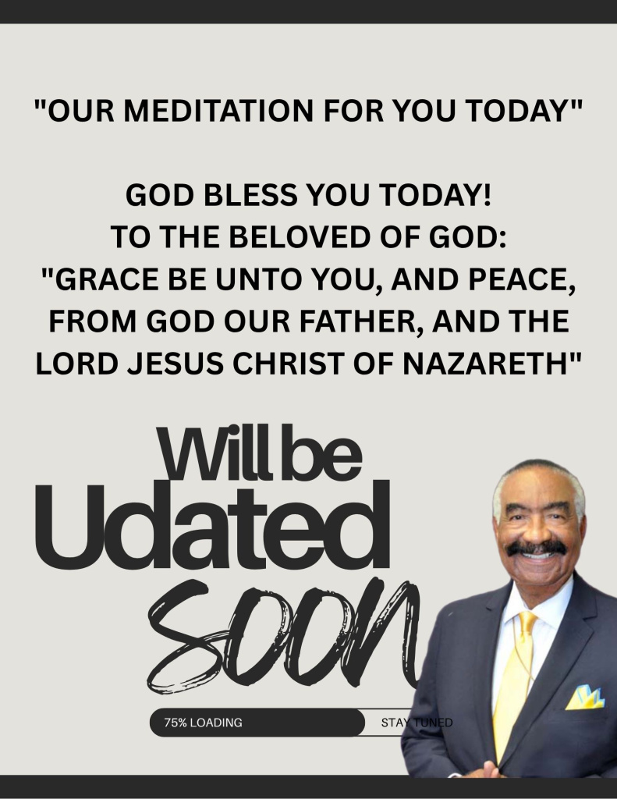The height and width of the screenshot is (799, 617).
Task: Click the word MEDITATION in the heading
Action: tap(218, 110)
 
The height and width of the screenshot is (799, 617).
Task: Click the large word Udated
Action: tap(212, 524)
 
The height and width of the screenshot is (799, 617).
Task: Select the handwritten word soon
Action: tap(283, 635)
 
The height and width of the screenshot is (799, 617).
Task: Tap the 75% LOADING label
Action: tap(203, 723)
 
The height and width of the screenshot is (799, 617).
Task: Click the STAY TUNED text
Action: tap(417, 723)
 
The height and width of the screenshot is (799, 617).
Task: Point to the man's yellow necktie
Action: tap(515, 678)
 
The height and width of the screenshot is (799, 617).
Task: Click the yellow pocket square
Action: tap(586, 698)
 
